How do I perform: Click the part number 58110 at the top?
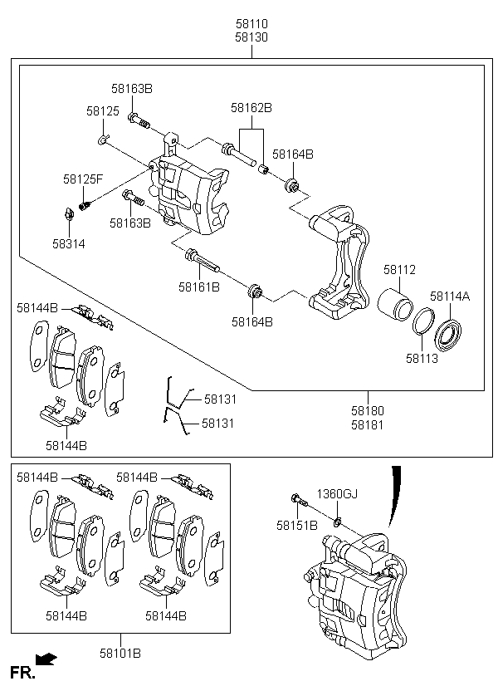coord(251,23)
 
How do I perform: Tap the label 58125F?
coord(83,179)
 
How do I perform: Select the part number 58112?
coord(399,270)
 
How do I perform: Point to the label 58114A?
coord(450,296)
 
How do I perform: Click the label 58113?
coord(422,359)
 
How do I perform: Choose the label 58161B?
coord(199,287)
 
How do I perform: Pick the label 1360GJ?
coord(337,494)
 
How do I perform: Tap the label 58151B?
coord(297,526)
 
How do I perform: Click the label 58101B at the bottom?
coord(120,654)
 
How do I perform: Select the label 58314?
coord(69,244)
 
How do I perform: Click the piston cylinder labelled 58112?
coord(395,305)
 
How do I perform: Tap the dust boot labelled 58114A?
coord(448,335)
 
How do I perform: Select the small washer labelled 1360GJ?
coord(337,521)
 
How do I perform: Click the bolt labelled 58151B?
coord(299,500)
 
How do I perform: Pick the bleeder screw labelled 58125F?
coord(85,204)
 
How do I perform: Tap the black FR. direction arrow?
coord(46,659)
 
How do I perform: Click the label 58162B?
coord(251,108)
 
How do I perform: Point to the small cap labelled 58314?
coord(69,213)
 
